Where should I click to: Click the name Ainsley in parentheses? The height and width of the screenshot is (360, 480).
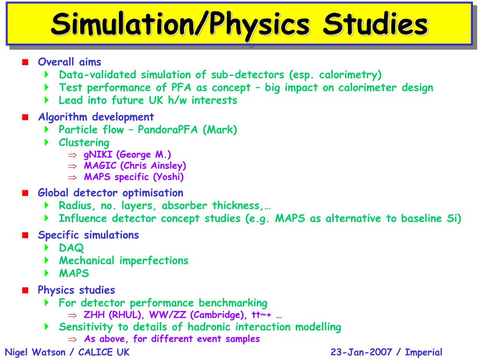(x=167, y=166)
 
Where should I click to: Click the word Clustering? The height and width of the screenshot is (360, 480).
(x=84, y=142)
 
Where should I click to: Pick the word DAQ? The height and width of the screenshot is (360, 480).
(x=72, y=248)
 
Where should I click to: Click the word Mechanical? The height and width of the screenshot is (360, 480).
(x=86, y=261)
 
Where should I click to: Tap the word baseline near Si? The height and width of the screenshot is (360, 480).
(x=420, y=218)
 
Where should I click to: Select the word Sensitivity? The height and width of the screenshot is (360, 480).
(x=86, y=327)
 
